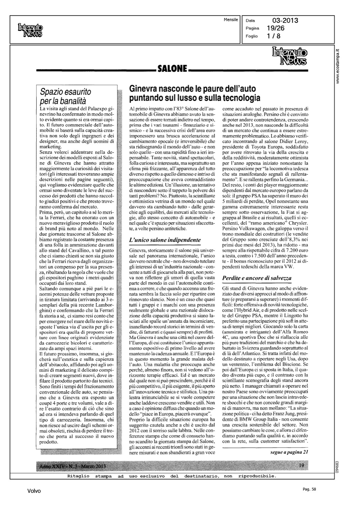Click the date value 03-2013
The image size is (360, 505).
click(x=285, y=21)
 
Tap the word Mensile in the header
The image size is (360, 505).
click(x=231, y=20)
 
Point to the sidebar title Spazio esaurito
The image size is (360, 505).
click(x=65, y=92)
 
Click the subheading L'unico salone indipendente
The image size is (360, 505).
click(x=165, y=240)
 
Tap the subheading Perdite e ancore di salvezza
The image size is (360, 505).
click(x=257, y=278)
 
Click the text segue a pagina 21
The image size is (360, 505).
click(x=289, y=452)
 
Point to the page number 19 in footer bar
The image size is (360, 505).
click(x=301, y=466)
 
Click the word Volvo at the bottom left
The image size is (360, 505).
click(x=34, y=491)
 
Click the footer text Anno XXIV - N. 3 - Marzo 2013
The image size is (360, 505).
click(x=72, y=466)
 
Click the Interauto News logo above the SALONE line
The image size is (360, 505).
click(x=289, y=57)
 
